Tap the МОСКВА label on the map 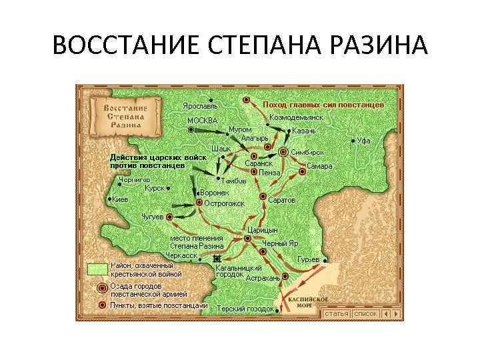pyautogui.click(x=202, y=120)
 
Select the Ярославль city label pyautogui.click(x=201, y=106)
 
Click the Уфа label pyautogui.click(x=363, y=141)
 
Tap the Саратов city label pyautogui.click(x=282, y=200)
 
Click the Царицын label pyautogui.click(x=262, y=230)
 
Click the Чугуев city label pyautogui.click(x=152, y=217)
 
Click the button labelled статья pyautogui.click(x=337, y=313)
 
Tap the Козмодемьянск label pyautogui.click(x=296, y=117)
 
